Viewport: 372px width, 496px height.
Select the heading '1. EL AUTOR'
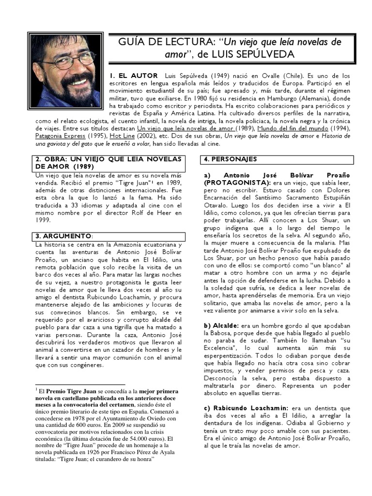pyautogui.click(x=134, y=76)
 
